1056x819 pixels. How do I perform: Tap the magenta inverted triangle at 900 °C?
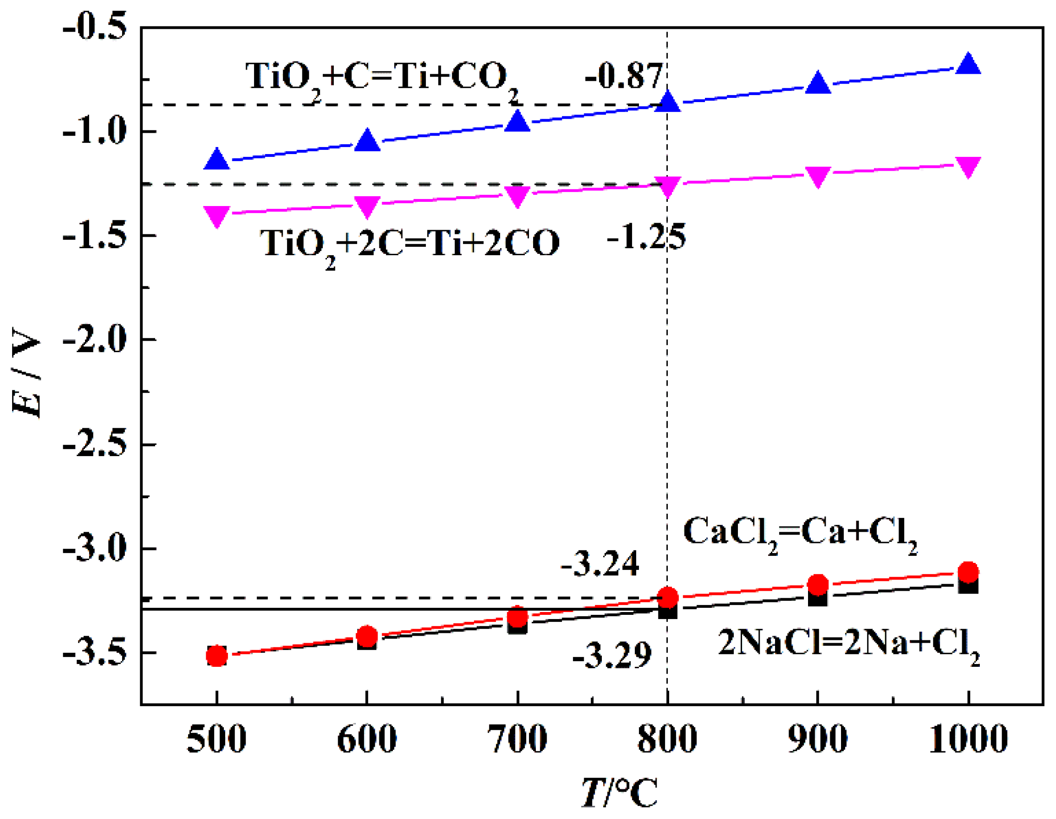pos(818,176)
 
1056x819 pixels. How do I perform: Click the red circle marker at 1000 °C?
pos(968,572)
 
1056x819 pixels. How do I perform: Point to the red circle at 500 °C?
pos(216,656)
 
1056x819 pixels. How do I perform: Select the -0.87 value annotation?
pos(623,77)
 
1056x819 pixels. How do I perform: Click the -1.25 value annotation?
pos(646,237)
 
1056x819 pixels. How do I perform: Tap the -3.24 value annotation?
pos(600,563)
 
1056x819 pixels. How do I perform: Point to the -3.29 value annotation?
pos(612,656)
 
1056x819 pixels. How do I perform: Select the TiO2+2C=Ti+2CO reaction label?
pos(409,245)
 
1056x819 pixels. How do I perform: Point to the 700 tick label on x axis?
pos(517,739)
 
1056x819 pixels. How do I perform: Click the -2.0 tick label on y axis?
pos(95,339)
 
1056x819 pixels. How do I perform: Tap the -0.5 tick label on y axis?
pos(95,26)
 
